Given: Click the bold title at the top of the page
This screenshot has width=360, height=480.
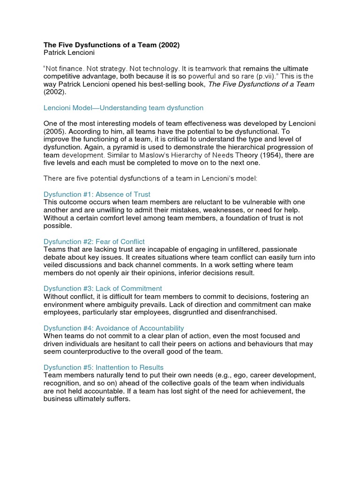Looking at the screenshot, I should pyautogui.click(x=112, y=45).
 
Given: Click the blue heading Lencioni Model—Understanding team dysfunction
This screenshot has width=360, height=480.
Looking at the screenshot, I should pyautogui.click(x=123, y=108).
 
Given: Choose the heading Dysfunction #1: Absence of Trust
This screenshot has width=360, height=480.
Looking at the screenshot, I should pyautogui.click(x=97, y=194).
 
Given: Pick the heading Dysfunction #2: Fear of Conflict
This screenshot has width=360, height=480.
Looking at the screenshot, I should pyautogui.click(x=94, y=241).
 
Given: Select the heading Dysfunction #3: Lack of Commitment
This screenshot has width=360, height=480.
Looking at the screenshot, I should pyautogui.click(x=103, y=288).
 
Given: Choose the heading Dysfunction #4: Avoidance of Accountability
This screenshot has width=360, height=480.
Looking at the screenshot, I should pyautogui.click(x=114, y=328).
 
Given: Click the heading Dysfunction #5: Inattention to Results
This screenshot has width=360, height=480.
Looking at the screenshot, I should pyautogui.click(x=104, y=367).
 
